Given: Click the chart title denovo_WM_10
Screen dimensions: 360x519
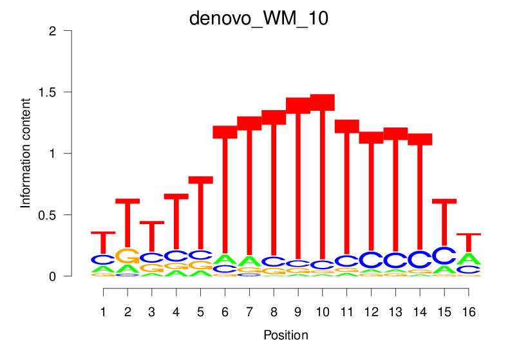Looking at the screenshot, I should (x=259, y=18).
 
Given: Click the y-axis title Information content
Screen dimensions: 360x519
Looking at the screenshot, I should (x=26, y=153).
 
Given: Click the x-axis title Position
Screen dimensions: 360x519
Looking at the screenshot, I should (x=286, y=335).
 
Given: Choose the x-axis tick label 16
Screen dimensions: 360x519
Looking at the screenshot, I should (x=469, y=312).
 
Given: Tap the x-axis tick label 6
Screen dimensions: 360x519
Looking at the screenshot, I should (x=225, y=312).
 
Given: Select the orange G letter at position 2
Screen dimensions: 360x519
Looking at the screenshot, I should (x=127, y=256).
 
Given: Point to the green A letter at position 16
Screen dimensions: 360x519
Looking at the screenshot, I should (x=469, y=259).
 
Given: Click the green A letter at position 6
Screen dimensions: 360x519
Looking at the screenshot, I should (x=225, y=260).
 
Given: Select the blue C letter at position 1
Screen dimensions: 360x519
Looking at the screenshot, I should (x=103, y=260).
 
